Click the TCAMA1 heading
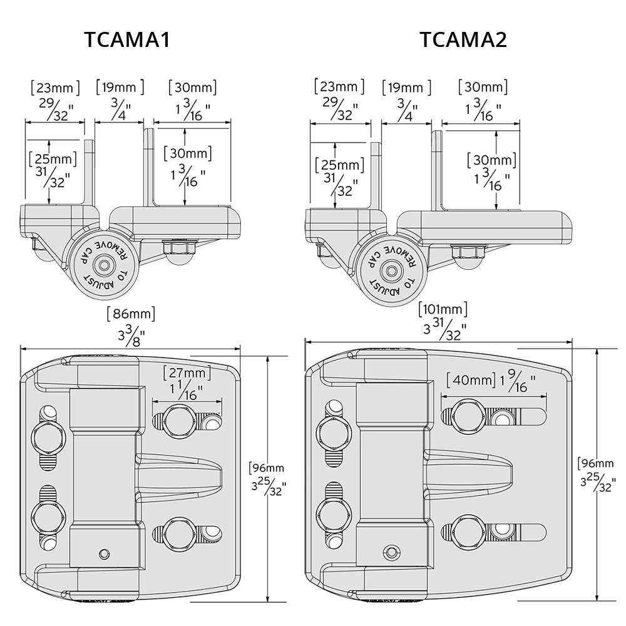pyautogui.click(x=128, y=39)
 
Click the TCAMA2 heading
pyautogui.click(x=463, y=39)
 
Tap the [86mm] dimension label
pyautogui.click(x=131, y=313)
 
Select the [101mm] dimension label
pyautogui.click(x=444, y=309)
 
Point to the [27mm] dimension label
pyautogui.click(x=185, y=374)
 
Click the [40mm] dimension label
pyautogui.click(x=471, y=380)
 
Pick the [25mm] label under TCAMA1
pyautogui.click(x=53, y=158)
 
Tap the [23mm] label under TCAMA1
pyautogui.click(x=56, y=87)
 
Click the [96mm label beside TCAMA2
pyautogui.click(x=597, y=463)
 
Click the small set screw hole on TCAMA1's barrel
pyautogui.click(x=104, y=553)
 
